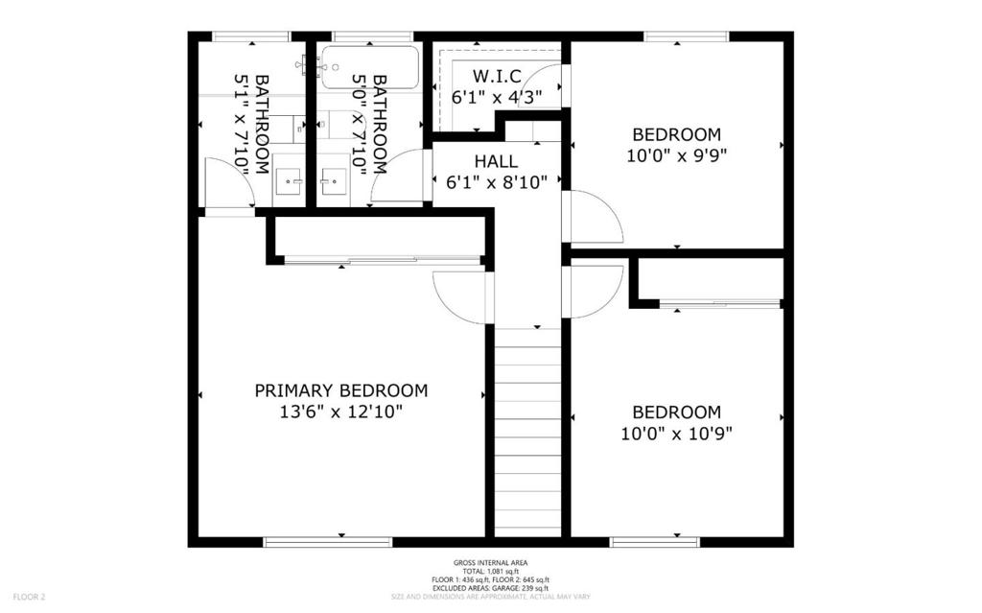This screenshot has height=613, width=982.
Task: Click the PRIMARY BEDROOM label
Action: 341,390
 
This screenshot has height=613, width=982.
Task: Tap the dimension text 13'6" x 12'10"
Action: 341,412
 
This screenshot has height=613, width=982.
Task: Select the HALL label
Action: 496,161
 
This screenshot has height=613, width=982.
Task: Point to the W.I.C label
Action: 497,77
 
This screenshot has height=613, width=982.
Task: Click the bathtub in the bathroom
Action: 369,67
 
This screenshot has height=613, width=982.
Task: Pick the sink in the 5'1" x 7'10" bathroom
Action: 289,181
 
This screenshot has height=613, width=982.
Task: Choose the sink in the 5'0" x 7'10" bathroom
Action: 334,181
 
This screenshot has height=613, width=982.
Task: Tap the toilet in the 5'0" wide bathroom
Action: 332,125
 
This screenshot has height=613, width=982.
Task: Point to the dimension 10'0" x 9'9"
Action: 676,155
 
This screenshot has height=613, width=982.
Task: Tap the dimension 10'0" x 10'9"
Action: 676,433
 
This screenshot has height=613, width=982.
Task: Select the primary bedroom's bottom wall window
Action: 328,542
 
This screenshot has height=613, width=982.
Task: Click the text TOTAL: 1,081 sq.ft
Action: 491,572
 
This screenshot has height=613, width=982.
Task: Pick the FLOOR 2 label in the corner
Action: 30,597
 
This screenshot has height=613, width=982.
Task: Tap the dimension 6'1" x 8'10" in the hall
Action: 497,182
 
